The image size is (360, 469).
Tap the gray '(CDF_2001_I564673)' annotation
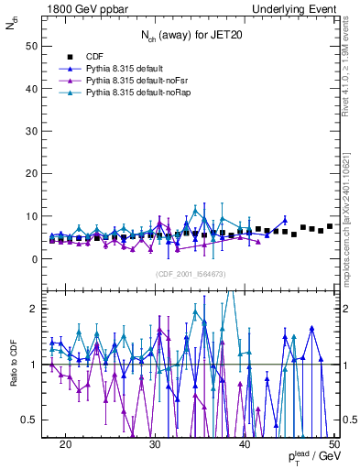coord(190,274)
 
